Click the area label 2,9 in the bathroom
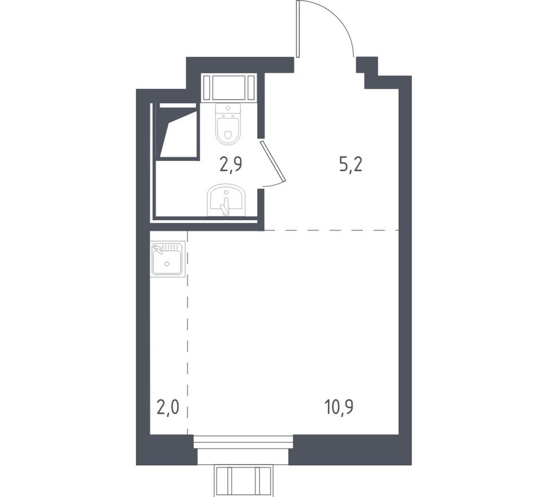point(231,164)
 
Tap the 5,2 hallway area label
point(350,164)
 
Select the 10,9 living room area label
point(339,407)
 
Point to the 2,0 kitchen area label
point(168,408)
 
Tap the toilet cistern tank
point(228,111)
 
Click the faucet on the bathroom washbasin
point(225,207)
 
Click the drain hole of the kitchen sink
point(167,264)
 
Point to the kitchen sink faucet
point(158,249)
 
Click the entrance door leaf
point(298,28)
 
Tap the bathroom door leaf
point(274,162)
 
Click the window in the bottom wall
point(243,442)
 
